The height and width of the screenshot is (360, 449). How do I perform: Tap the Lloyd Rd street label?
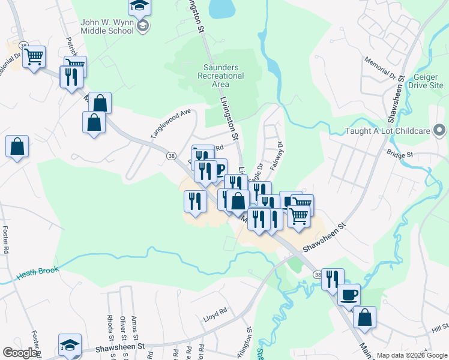pyautogui.click(x=214, y=311)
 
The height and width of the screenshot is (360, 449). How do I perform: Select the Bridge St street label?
pyautogui.click(x=400, y=154)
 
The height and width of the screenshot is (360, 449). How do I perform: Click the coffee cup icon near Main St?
pyautogui.click(x=349, y=295)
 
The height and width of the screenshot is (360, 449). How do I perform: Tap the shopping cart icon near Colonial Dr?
pyautogui.click(x=34, y=57)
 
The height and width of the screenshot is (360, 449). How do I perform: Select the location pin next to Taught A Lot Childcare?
pyautogui.click(x=440, y=130)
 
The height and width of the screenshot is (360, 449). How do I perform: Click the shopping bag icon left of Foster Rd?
pyautogui.click(x=17, y=146)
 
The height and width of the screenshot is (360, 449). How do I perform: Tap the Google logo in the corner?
pyautogui.click(x=19, y=353)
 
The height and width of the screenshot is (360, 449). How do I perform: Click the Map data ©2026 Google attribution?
pyautogui.click(x=411, y=355)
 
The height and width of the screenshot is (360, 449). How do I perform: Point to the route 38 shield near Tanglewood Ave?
pyautogui.click(x=170, y=155)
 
